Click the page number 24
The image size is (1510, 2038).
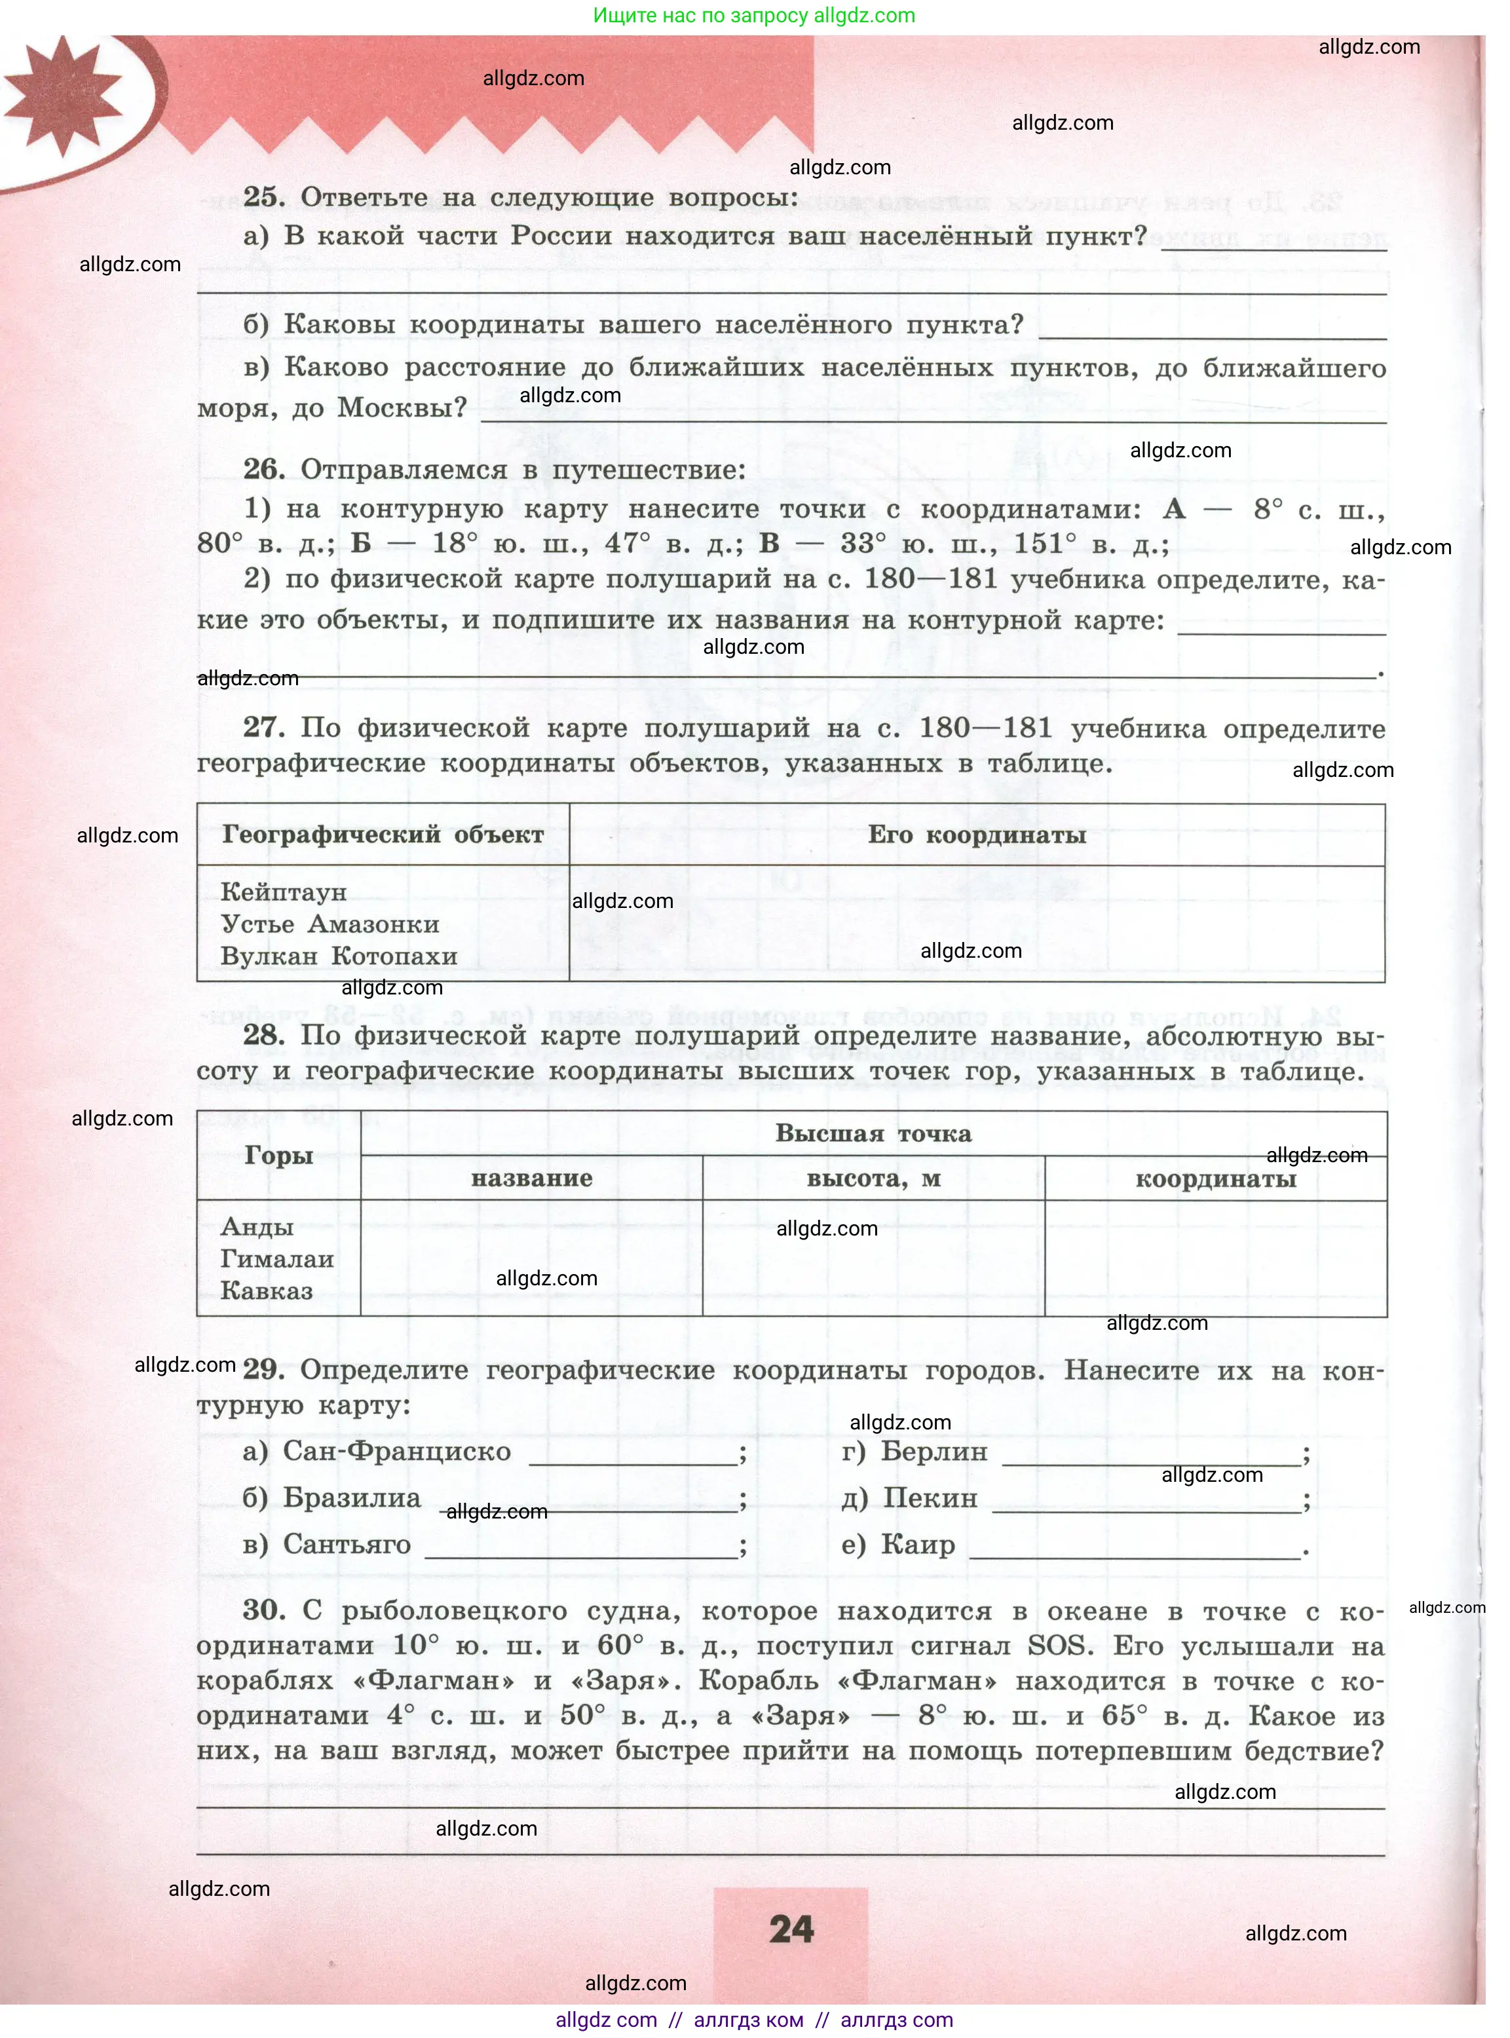(x=791, y=1929)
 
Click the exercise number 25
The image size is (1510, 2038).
(x=263, y=197)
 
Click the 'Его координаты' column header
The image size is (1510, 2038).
(x=976, y=835)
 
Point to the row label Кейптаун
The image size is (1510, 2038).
(x=284, y=892)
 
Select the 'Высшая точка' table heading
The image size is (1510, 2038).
(x=873, y=1133)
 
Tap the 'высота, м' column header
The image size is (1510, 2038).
(x=873, y=1179)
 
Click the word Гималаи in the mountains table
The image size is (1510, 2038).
(x=277, y=1259)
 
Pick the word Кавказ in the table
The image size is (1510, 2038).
(x=266, y=1291)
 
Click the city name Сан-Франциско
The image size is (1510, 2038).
(x=397, y=1451)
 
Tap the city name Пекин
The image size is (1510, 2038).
(x=930, y=1498)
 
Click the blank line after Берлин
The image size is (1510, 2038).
(x=1152, y=1460)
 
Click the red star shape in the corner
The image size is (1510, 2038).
(x=62, y=94)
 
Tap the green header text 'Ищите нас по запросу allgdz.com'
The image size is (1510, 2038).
(x=753, y=16)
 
